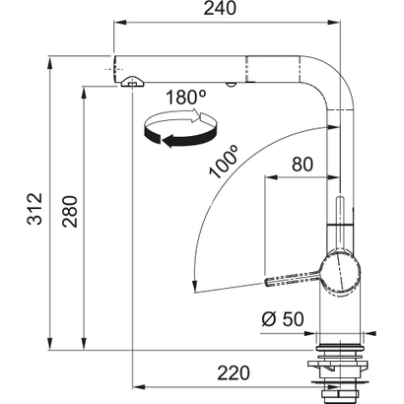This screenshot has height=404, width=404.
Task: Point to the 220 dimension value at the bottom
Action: point(235,371)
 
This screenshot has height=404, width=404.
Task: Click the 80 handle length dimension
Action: point(303,165)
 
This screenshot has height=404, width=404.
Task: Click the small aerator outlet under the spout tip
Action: point(129,87)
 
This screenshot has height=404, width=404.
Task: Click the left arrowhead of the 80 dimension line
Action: point(268,179)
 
